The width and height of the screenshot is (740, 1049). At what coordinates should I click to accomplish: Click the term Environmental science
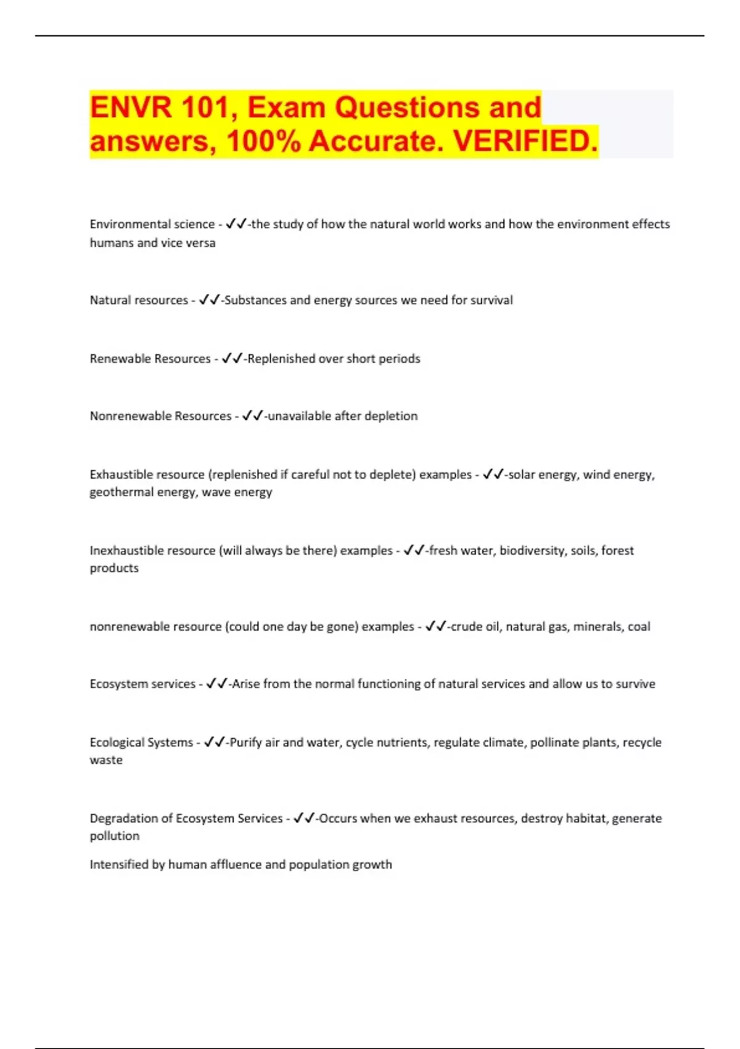[x=152, y=224]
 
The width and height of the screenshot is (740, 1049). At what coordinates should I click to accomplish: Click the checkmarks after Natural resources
[x=209, y=300]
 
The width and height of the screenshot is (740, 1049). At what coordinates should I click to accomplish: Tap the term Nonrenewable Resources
[x=160, y=416]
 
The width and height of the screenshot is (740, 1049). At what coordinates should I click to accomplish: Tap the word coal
[x=639, y=626]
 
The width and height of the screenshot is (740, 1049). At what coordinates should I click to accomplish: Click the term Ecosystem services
[x=142, y=684]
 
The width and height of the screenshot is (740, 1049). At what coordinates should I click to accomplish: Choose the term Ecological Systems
[x=141, y=742]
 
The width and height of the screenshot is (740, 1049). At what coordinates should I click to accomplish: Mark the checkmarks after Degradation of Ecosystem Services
[x=303, y=818]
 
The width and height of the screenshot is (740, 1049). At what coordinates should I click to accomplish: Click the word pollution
[x=115, y=836]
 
